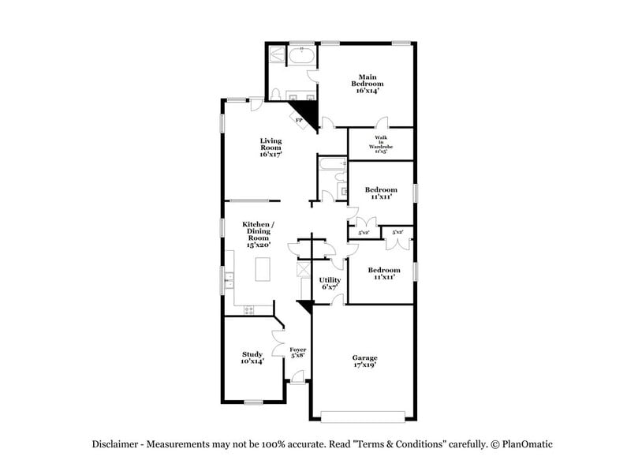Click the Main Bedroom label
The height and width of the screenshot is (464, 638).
tap(367, 84)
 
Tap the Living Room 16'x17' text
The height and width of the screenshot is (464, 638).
tap(270, 148)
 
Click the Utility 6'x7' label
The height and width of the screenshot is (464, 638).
tap(330, 283)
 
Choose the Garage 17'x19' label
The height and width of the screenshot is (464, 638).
tap(364, 361)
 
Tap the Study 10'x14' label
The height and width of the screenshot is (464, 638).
tap(252, 357)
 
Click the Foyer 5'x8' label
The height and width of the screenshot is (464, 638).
tap(297, 352)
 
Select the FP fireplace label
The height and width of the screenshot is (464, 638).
tap(300, 120)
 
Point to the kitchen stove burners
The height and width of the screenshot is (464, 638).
tap(249, 309)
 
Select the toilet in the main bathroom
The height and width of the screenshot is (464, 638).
tap(275, 94)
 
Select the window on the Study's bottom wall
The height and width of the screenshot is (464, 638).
tap(253, 402)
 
